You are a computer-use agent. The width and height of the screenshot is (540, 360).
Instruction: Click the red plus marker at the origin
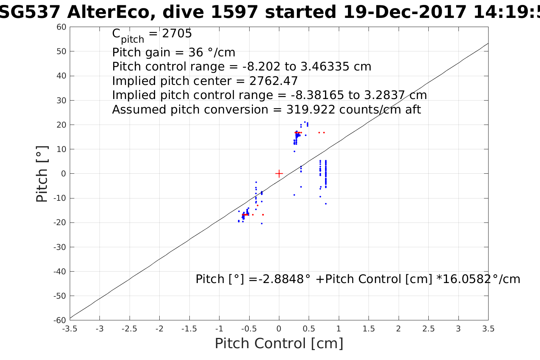(x=279, y=174)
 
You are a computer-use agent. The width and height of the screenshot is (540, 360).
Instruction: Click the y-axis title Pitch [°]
(x=42, y=174)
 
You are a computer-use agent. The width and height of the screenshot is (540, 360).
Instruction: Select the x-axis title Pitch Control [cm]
(x=279, y=343)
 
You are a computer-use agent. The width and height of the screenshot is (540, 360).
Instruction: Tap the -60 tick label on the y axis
(x=61, y=320)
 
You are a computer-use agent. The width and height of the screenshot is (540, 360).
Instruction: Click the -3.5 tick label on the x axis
(x=70, y=329)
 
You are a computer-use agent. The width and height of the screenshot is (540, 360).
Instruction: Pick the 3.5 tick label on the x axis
(x=488, y=329)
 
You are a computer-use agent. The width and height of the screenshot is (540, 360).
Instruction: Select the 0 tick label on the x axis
(x=279, y=329)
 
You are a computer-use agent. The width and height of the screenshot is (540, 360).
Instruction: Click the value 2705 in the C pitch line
(x=177, y=34)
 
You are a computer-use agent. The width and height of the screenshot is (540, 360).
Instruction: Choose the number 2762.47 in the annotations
(x=273, y=81)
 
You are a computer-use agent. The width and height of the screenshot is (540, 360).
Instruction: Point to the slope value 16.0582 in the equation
(x=467, y=279)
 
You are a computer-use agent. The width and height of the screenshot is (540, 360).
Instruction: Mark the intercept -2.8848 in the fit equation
(x=282, y=279)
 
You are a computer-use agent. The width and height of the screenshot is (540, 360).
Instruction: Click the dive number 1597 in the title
(x=235, y=13)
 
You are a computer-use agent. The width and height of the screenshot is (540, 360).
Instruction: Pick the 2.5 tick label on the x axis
(x=428, y=329)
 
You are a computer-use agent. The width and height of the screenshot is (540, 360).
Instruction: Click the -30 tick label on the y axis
(x=61, y=247)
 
